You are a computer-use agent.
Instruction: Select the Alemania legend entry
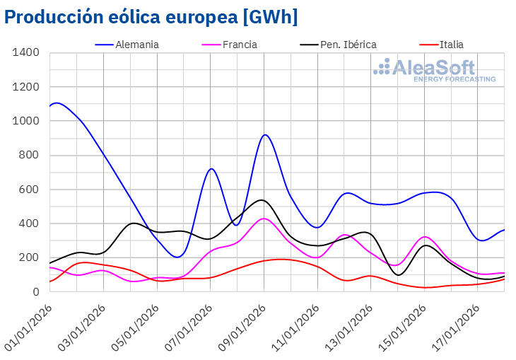click(137, 45)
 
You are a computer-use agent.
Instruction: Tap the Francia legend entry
click(240, 45)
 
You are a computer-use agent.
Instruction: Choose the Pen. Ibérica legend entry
click(348, 45)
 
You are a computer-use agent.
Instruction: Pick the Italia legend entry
click(451, 45)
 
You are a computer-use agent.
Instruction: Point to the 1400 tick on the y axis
click(25, 53)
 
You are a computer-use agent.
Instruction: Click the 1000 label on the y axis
click(25, 122)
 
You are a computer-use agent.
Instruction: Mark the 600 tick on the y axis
click(28, 190)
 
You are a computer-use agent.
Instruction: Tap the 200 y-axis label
click(28, 257)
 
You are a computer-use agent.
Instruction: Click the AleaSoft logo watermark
click(435, 70)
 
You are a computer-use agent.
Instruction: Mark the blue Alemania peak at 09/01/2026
click(264, 134)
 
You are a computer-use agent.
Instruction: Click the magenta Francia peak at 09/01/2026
click(264, 219)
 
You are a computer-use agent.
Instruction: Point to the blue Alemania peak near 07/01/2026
click(211, 168)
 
